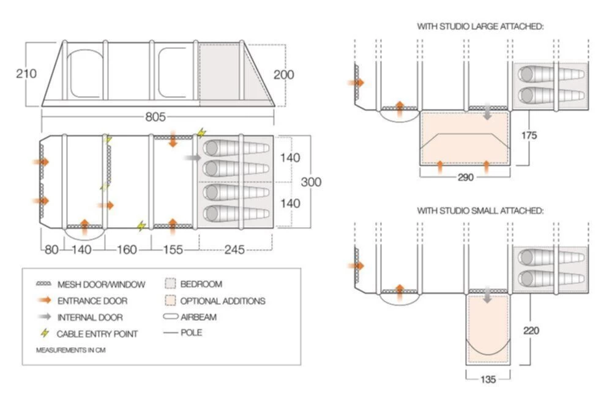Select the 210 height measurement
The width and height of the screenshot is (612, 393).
point(26,73)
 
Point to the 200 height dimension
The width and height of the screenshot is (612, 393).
point(283,75)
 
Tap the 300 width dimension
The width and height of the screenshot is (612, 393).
point(311,182)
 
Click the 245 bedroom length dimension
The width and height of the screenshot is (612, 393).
point(235,249)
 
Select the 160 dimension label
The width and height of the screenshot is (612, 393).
point(127,249)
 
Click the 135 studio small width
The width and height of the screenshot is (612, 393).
point(487,379)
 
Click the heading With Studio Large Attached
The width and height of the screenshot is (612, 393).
point(480,26)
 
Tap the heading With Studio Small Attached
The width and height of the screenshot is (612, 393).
point(480,211)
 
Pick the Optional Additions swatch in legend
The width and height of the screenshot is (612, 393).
point(171,301)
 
